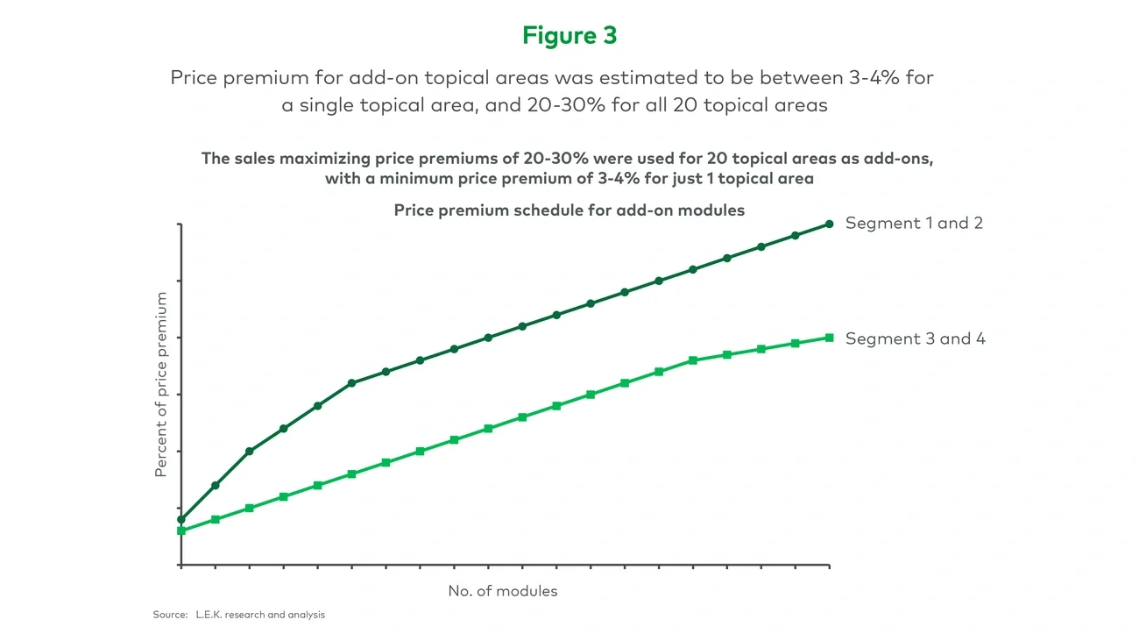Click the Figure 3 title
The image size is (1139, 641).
(569, 35)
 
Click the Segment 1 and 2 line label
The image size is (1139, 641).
(914, 223)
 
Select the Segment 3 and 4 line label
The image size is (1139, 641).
(915, 338)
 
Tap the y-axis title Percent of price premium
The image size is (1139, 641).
(160, 385)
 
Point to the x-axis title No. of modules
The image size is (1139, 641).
(503, 591)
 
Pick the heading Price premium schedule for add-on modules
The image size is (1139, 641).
(569, 210)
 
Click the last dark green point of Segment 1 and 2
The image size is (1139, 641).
(829, 224)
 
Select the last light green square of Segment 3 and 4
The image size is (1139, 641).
(829, 338)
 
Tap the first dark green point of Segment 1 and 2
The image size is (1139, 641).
(181, 519)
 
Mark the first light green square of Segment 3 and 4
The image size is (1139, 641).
(181, 531)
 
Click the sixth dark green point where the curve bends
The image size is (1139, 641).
(351, 383)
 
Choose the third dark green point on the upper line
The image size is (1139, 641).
(250, 451)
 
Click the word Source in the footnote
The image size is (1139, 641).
(170, 615)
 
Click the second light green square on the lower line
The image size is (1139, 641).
(216, 519)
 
